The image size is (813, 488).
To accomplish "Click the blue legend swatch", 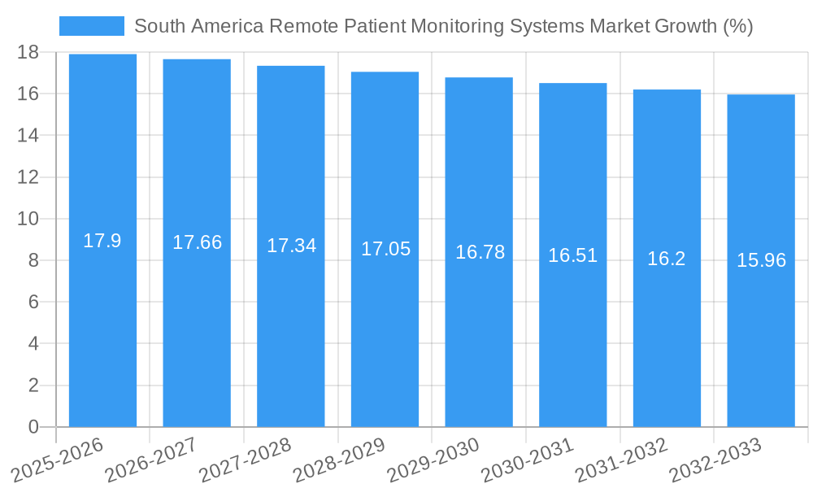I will (91, 26).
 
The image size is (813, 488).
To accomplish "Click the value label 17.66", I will (197, 242).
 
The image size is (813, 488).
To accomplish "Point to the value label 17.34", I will (291, 246).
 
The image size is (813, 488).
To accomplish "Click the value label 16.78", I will (480, 252).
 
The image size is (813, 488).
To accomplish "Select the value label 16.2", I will (667, 259).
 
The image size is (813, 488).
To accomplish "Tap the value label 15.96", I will (761, 260).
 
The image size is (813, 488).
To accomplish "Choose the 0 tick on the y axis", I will (33, 427).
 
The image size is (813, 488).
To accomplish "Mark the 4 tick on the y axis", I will (33, 344).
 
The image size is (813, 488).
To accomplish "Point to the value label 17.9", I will (102, 241).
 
